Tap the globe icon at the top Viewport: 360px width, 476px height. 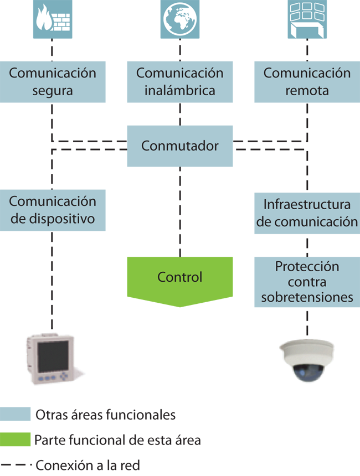pyautogui.click(x=180, y=18)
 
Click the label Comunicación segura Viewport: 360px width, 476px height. pyautogui.click(x=53, y=81)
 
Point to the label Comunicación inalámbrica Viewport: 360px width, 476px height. pyautogui.click(x=180, y=81)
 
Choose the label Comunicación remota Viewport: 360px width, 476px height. pyautogui.click(x=307, y=81)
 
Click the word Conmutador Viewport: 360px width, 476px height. pyautogui.click(x=180, y=146)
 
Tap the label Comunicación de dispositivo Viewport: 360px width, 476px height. pyautogui.click(x=53, y=210)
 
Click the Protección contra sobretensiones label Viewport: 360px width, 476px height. pyautogui.click(x=307, y=282)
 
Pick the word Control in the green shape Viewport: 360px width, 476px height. pyautogui.click(x=180, y=277)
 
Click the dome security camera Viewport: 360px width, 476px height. pyautogui.click(x=306, y=360)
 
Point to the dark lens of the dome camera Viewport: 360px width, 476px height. pyautogui.click(x=306, y=372)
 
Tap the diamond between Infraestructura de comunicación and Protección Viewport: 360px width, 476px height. pyautogui.click(x=307, y=243)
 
